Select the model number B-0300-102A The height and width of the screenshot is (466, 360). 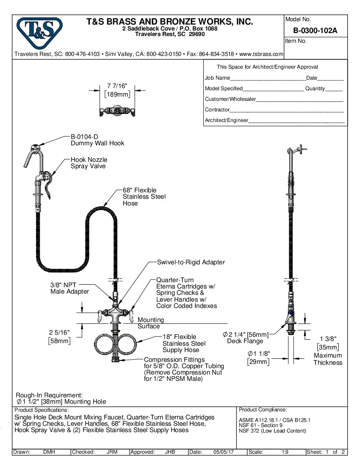point(315,31)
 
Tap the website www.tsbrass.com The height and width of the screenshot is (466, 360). point(261,54)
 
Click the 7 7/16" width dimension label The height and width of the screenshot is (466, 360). point(117,90)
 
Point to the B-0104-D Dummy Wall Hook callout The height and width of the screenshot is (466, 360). point(97,140)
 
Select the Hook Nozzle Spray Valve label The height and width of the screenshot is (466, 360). point(89,163)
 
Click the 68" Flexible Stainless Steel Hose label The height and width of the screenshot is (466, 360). point(144,197)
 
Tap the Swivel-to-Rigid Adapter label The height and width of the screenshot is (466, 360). point(191,262)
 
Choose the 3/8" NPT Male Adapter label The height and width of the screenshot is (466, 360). point(69,288)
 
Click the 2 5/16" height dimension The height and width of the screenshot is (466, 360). point(60,336)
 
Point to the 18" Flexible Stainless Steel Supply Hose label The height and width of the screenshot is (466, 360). point(184,344)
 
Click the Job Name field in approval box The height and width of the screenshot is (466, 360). point(267,78)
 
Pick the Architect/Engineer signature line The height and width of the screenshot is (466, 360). point(296,121)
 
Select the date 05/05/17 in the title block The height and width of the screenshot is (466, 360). point(224,452)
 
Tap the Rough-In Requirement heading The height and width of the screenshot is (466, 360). point(49,395)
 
